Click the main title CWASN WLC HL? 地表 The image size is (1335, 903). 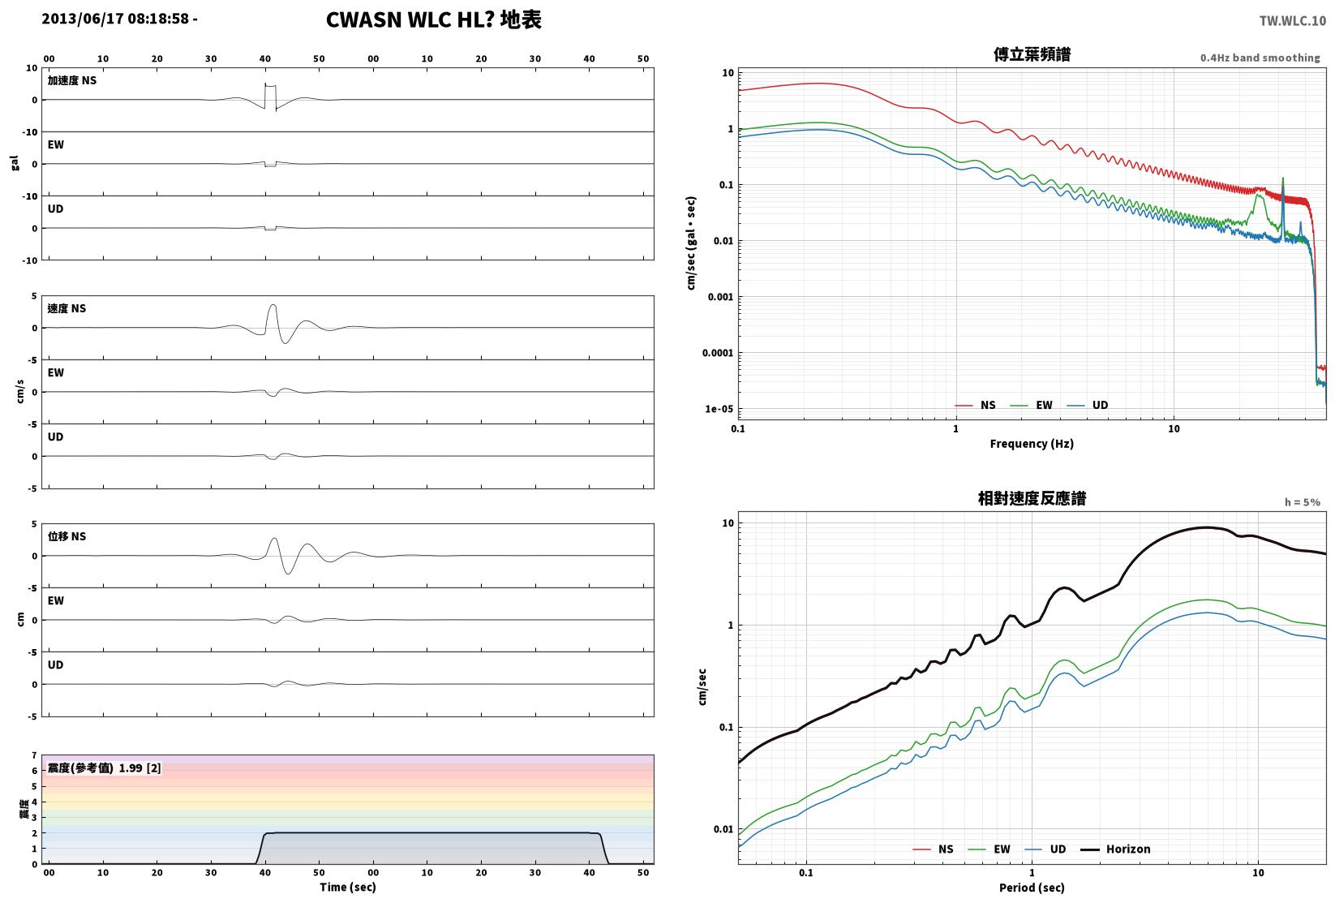(433, 19)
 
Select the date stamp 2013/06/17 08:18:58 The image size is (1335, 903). (115, 19)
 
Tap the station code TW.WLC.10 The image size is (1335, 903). (1292, 21)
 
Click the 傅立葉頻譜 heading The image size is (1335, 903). (1032, 54)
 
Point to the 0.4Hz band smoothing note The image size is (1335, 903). (1260, 58)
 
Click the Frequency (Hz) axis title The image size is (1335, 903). (1032, 444)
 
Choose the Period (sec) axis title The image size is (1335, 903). (1032, 888)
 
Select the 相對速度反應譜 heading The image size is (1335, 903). (1032, 498)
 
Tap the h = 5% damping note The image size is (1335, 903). (1303, 502)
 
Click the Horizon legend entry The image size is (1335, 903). (1115, 849)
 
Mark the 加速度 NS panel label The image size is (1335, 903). (72, 80)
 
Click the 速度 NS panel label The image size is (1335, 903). (67, 308)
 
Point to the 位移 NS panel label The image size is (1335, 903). (67, 536)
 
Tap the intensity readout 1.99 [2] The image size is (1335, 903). (140, 768)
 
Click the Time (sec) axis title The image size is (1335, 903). (348, 887)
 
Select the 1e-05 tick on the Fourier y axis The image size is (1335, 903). (719, 409)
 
